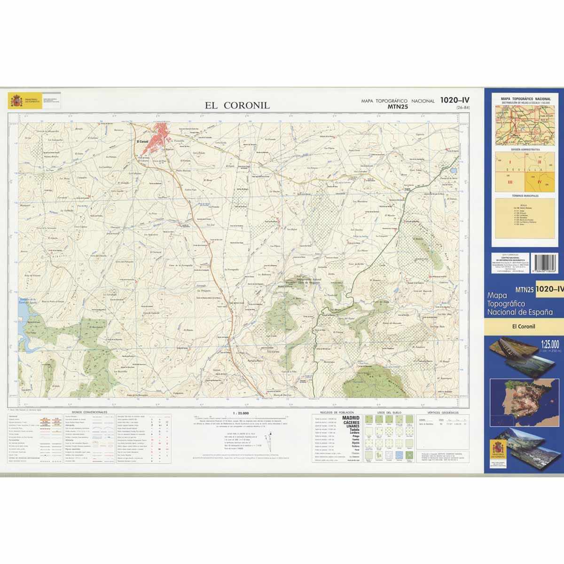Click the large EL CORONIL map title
pos(237,105)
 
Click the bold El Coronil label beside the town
pos(142,141)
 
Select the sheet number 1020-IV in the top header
pos(454,100)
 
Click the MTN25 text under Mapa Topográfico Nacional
pos(398,107)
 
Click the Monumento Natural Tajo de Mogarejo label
pos(306,281)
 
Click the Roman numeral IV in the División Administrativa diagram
pos(540,181)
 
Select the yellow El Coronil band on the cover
pos(524,326)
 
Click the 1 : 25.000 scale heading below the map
pos(241,413)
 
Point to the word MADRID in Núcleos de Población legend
pos(351,418)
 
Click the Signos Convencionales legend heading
pos(89,412)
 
